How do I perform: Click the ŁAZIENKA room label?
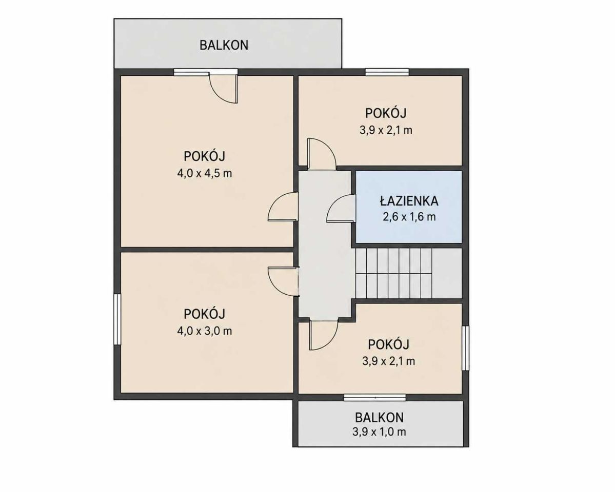[409, 201]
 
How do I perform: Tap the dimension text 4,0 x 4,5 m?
[204, 173]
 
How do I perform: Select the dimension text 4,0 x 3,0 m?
[204, 331]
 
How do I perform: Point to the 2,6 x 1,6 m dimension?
[409, 217]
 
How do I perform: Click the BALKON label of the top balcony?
[224, 45]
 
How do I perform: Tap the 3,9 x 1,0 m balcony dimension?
[379, 432]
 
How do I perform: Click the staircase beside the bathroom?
[408, 274]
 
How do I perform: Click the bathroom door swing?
[341, 209]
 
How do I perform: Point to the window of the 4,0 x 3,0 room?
[117, 319]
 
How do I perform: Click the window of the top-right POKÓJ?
[387, 72]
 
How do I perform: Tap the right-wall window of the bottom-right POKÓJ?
[466, 348]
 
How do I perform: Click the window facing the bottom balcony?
[374, 398]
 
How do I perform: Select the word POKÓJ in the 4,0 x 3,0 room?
[204, 314]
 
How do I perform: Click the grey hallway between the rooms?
[324, 243]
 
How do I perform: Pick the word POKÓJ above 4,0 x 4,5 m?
[204, 156]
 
